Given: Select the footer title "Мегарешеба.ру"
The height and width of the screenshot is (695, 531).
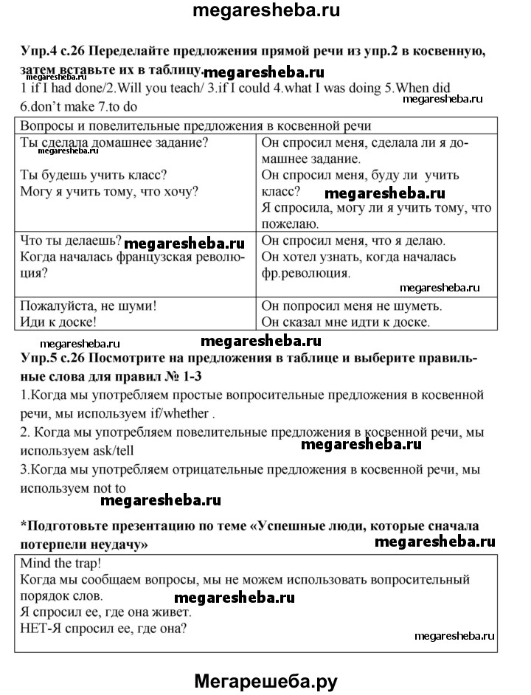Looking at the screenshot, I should (265, 680).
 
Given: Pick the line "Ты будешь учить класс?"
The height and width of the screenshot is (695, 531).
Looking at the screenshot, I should (93, 176).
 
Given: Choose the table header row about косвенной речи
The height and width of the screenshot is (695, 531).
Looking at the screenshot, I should (195, 125).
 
